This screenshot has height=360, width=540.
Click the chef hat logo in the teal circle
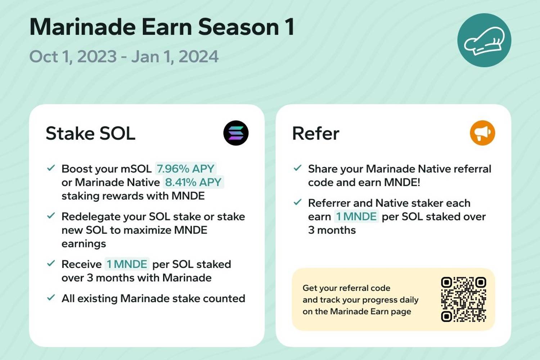[x=484, y=40]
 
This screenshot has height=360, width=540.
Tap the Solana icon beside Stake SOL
[x=236, y=133]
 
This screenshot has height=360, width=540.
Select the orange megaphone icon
[x=482, y=133]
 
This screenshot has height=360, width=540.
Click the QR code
[x=463, y=300]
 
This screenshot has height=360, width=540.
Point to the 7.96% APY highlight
[x=185, y=168]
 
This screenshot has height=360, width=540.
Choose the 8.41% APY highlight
[x=193, y=182]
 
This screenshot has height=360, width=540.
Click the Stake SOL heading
[x=90, y=133]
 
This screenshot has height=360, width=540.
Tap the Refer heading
[x=316, y=133]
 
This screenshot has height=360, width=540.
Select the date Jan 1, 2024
[x=175, y=57]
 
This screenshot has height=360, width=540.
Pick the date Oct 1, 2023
[x=73, y=57]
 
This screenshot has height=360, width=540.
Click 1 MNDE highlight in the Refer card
[x=356, y=216]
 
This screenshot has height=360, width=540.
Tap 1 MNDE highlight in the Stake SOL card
[x=127, y=264]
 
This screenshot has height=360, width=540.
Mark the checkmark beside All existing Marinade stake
[x=51, y=298]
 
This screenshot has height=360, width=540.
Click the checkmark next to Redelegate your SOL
[x=51, y=216]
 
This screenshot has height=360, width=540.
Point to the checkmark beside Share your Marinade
[x=297, y=168]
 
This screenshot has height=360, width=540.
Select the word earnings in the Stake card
[x=84, y=244]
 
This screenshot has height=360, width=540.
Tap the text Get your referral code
[x=346, y=288]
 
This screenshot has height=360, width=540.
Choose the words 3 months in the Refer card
[x=332, y=230]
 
